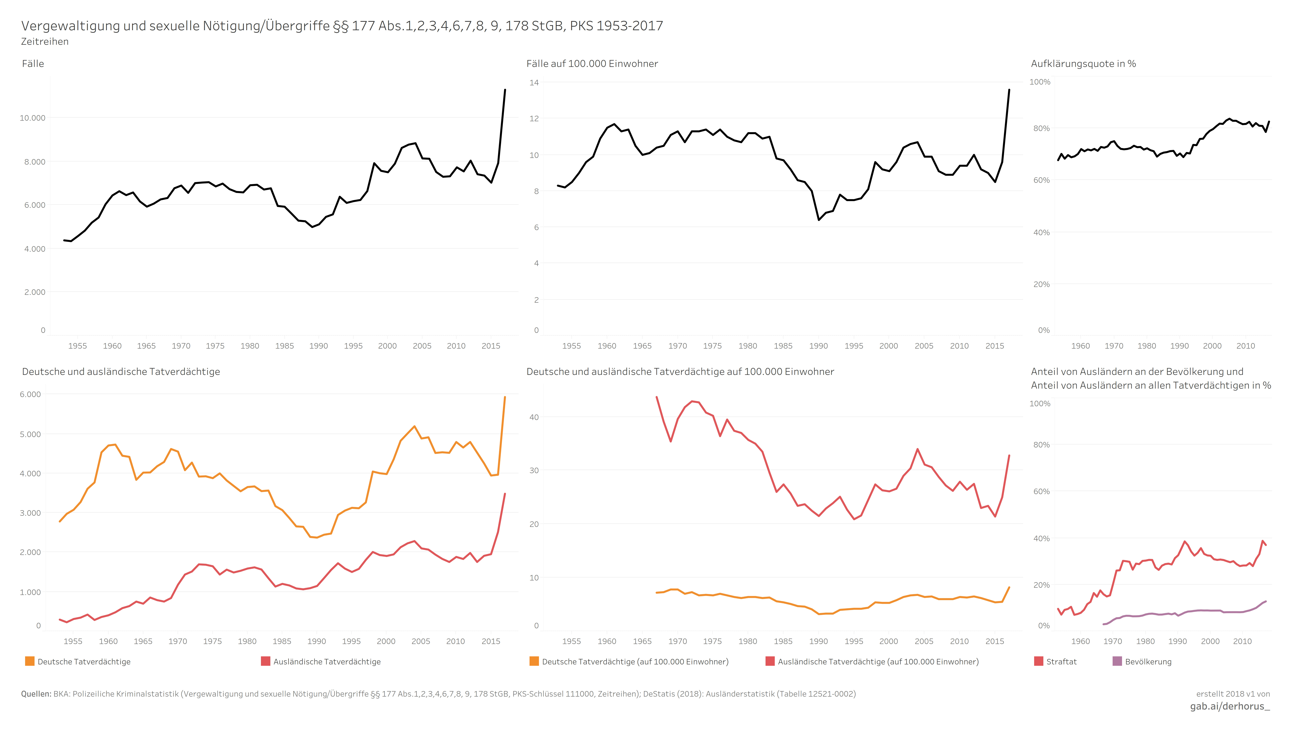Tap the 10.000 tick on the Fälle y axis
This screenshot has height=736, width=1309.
(x=33, y=118)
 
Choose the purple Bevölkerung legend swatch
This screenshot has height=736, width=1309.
(x=1117, y=661)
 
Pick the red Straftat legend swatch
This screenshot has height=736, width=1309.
(x=1039, y=661)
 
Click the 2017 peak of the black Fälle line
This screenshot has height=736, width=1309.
(x=505, y=90)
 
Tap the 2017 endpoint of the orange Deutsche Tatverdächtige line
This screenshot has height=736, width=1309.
(x=505, y=397)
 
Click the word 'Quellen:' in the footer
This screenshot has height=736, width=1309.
(x=36, y=694)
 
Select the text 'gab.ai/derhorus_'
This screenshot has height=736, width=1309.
(x=1230, y=707)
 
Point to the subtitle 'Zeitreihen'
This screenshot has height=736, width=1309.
(x=45, y=42)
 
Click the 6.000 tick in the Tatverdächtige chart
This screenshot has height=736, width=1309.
(x=30, y=394)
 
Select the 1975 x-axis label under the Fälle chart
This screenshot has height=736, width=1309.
(x=215, y=346)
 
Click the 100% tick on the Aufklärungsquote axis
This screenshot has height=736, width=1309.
(x=1040, y=82)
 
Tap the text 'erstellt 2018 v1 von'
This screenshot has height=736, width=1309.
(x=1233, y=694)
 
